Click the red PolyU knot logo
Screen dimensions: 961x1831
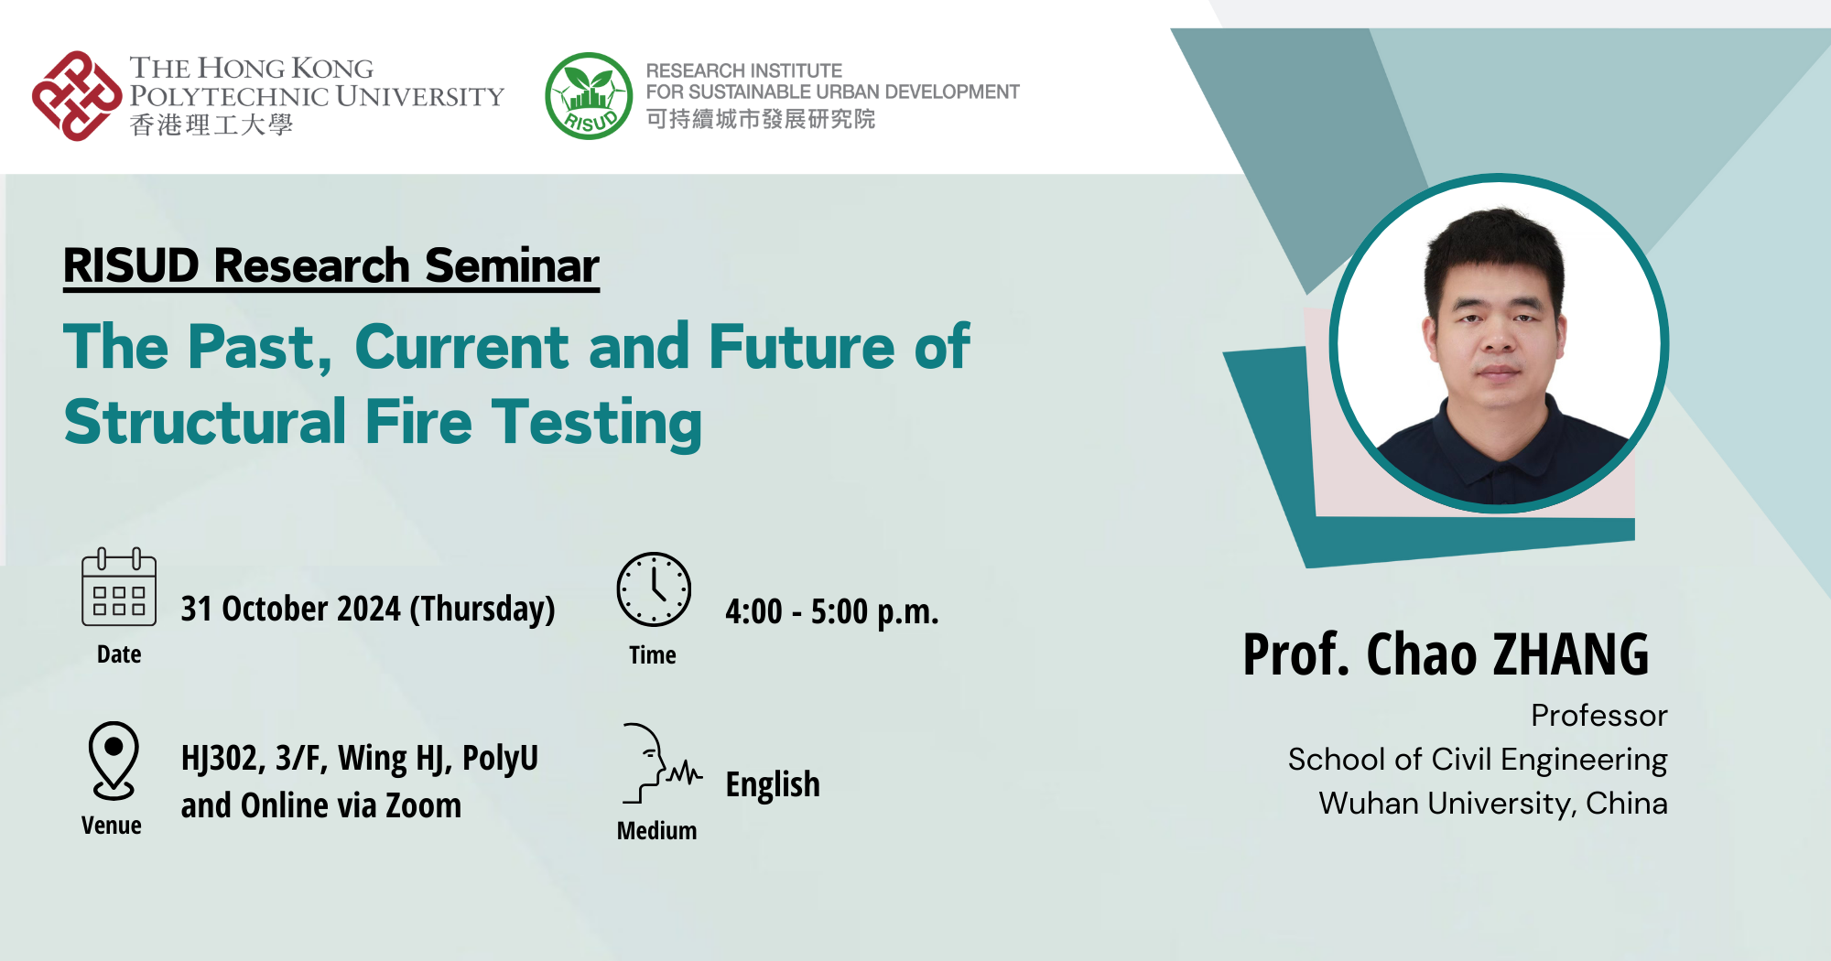tap(77, 96)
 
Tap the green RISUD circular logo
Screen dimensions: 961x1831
tap(589, 96)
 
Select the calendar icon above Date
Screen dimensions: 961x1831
tap(119, 588)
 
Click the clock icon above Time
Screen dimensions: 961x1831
tap(654, 589)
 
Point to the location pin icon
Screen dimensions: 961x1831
tap(114, 761)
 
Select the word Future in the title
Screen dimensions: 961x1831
tap(801, 347)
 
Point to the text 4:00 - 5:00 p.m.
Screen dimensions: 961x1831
tap(831, 611)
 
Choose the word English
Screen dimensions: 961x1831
tap(773, 784)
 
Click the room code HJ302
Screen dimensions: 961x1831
tap(222, 758)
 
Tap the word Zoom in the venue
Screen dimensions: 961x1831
tap(423, 805)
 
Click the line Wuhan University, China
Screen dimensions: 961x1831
tap(1492, 804)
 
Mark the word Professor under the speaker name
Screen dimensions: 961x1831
tap(1598, 716)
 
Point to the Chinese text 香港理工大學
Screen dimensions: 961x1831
tap(211, 125)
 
